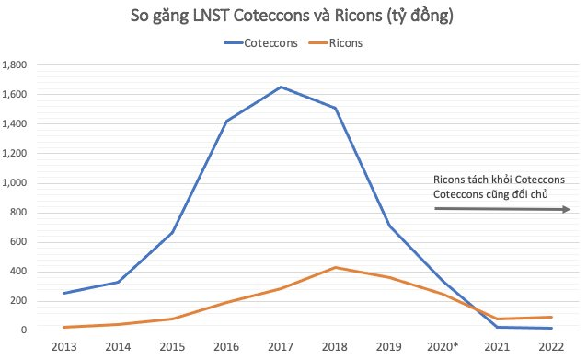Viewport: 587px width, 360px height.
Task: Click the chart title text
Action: point(293,16)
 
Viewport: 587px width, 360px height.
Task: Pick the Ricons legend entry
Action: point(343,42)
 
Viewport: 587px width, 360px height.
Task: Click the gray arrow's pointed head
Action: point(568,209)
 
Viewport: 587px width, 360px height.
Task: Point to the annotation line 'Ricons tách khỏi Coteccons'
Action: point(505,178)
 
